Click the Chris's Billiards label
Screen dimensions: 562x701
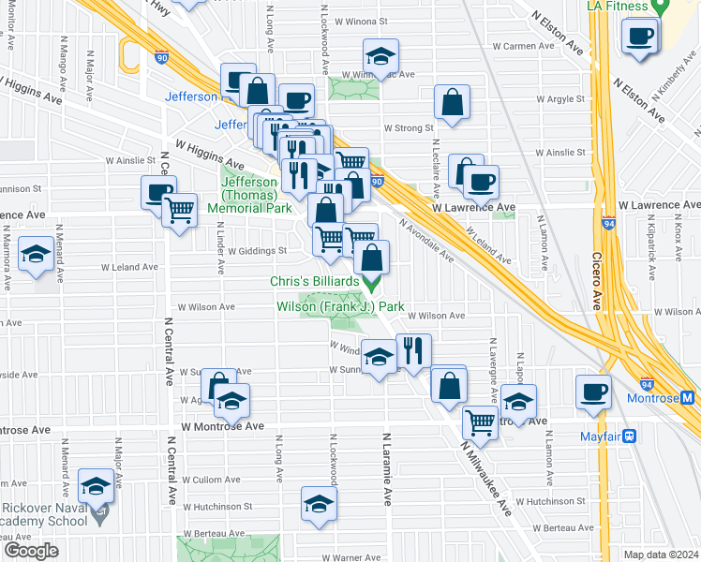tap(315, 281)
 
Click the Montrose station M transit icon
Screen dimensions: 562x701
tap(687, 397)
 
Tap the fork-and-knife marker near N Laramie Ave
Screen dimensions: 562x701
tap(413, 351)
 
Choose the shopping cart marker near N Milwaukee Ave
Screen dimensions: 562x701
tap(480, 421)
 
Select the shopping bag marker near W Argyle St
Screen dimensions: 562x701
tap(452, 104)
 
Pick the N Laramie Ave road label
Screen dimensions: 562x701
tap(386, 468)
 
